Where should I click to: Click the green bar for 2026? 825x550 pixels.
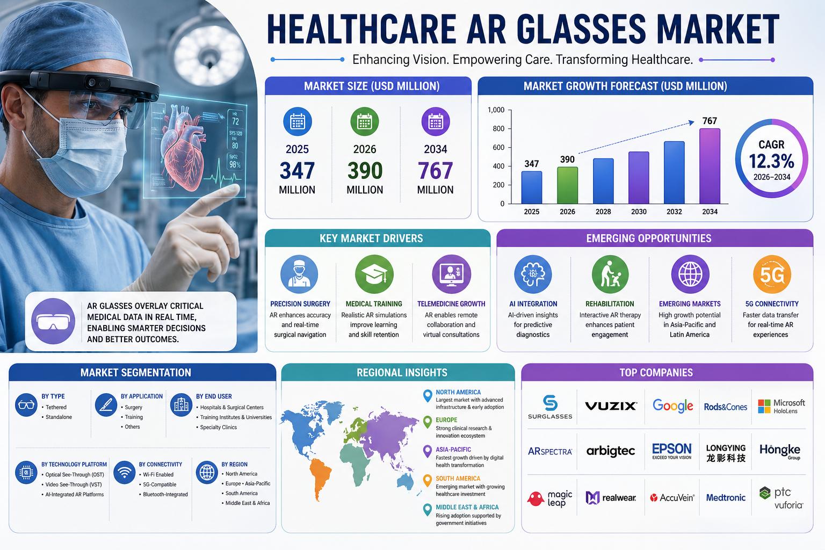pos(567,185)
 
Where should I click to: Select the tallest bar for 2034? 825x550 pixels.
pos(710,166)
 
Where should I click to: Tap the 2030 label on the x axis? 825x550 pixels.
pos(639,212)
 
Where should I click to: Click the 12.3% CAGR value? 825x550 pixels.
pos(771,161)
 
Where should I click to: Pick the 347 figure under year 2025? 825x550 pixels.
pos(297,171)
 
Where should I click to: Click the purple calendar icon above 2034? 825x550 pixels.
pos(436,122)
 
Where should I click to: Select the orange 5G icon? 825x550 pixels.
pos(772,274)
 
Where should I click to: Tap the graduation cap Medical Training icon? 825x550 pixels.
pos(374,274)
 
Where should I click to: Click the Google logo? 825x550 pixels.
pos(672,406)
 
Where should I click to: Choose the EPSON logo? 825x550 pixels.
pos(671,450)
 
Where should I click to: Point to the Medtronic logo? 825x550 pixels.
pos(726,498)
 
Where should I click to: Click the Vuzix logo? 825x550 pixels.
pos(611,406)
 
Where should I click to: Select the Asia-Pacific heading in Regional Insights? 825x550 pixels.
pos(453,450)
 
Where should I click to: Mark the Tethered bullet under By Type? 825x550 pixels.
pos(56,407)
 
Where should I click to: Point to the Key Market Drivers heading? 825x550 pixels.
pos(371,238)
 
